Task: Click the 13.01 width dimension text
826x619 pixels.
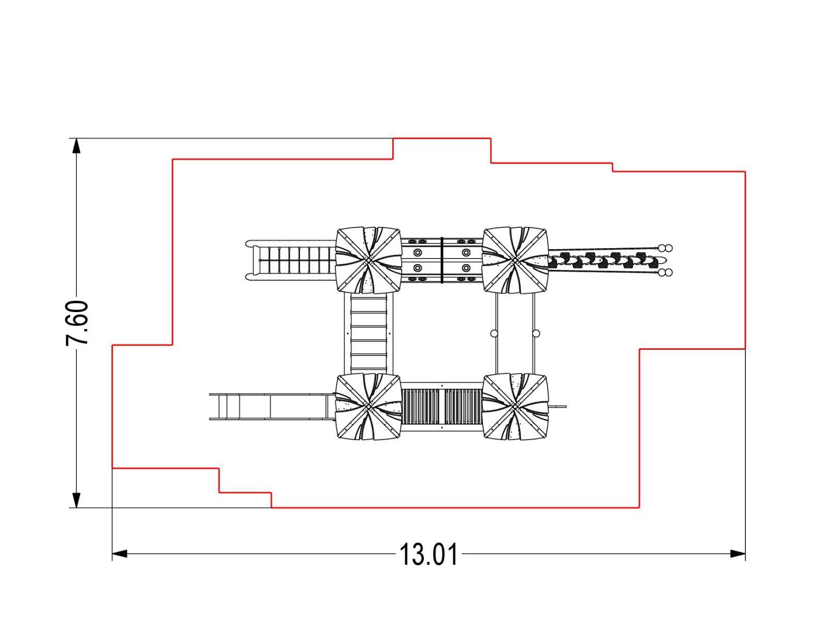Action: click(428, 555)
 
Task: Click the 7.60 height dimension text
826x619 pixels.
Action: click(77, 323)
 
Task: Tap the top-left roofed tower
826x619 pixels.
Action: click(369, 259)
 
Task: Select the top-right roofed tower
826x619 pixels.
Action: click(515, 259)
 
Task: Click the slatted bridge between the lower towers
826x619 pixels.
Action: click(442, 406)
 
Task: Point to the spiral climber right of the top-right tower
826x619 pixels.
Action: click(606, 260)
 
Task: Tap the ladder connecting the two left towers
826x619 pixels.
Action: click(369, 333)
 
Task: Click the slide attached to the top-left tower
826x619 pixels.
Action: click(291, 259)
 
